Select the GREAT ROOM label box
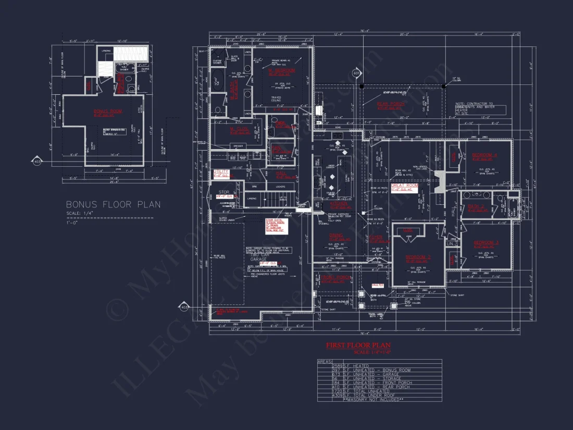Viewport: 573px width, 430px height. (x=405, y=186)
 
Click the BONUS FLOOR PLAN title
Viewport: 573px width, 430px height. (x=113, y=205)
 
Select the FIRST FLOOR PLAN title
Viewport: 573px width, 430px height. (x=358, y=345)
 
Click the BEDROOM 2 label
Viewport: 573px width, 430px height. (x=418, y=257)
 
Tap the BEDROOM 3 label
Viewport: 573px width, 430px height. (x=487, y=243)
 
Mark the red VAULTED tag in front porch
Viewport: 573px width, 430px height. (x=377, y=285)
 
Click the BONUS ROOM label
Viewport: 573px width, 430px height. (x=106, y=112)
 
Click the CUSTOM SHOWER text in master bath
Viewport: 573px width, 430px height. (x=217, y=62)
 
